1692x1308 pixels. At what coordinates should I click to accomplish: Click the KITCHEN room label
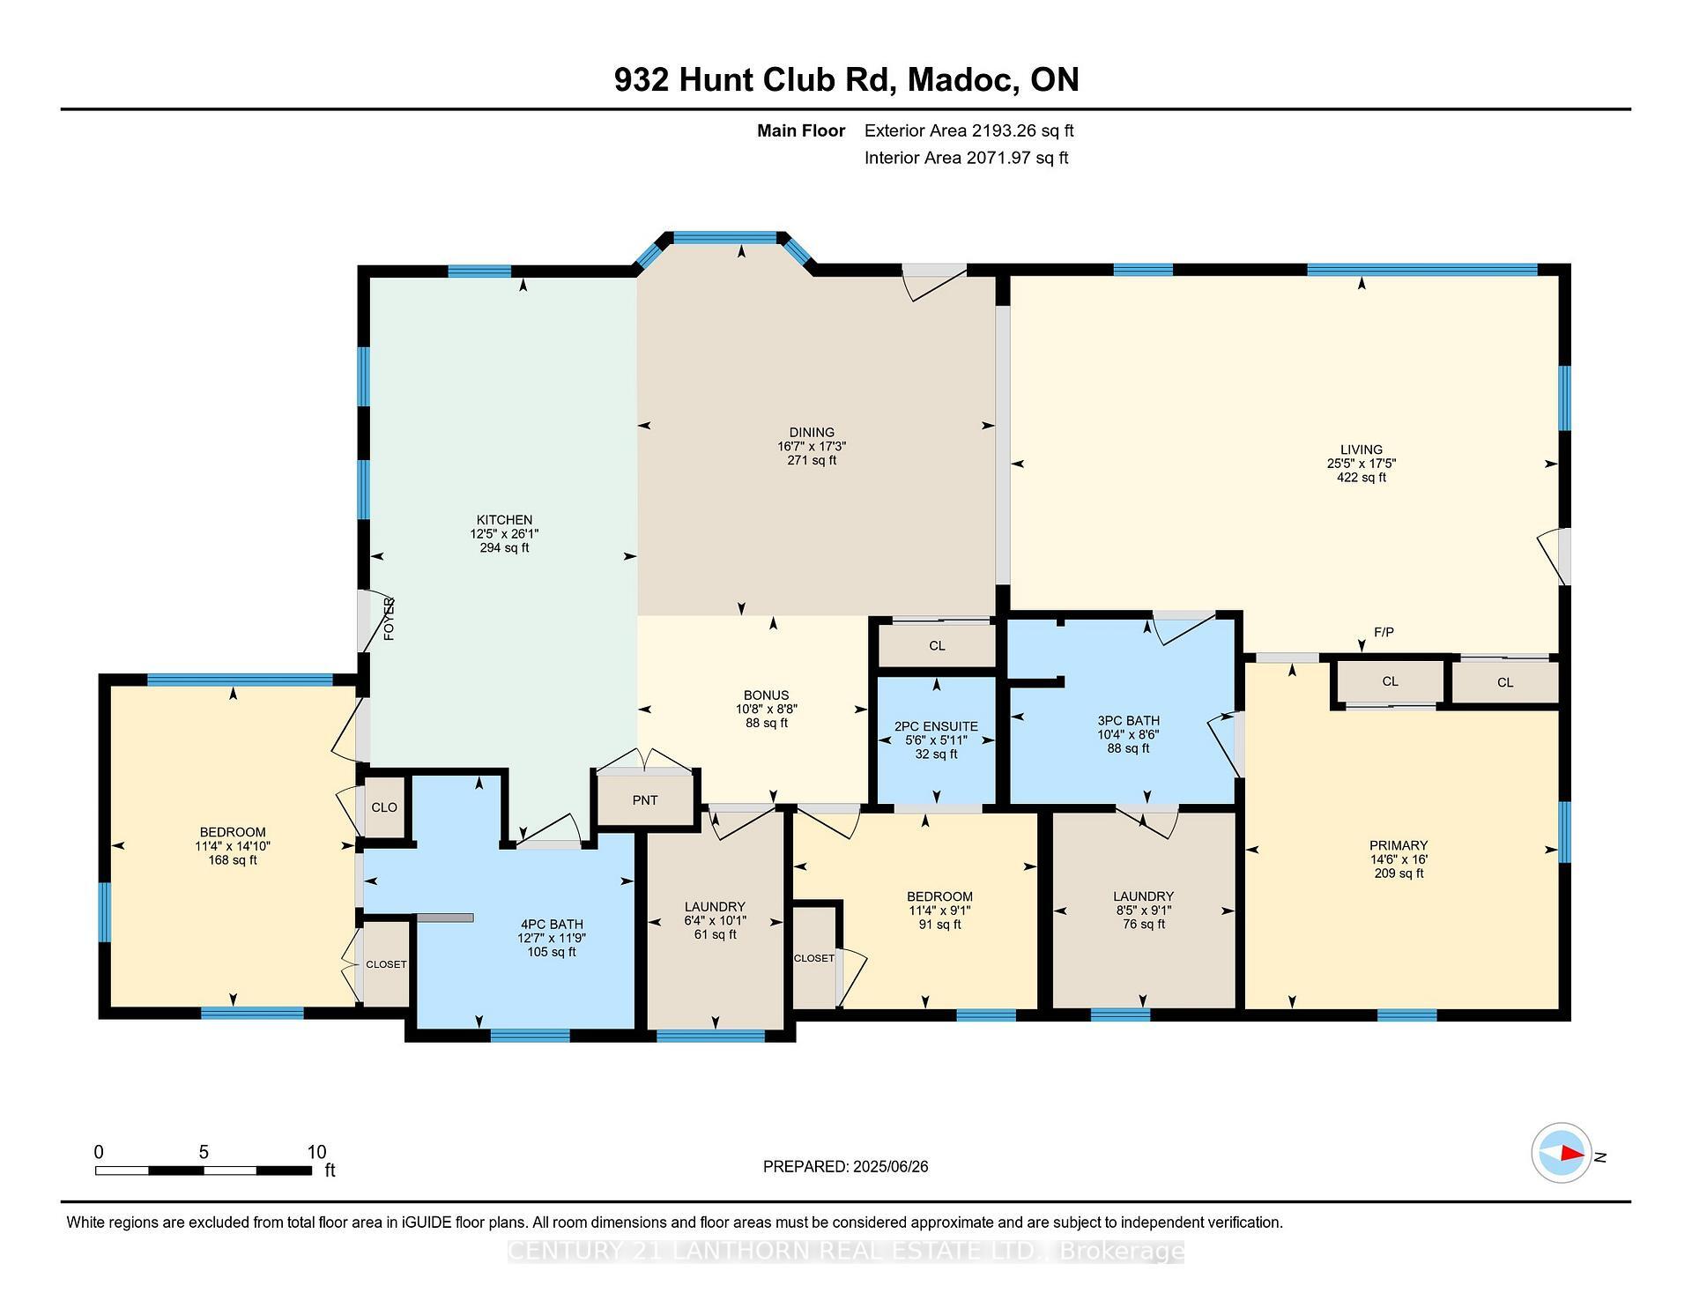504,520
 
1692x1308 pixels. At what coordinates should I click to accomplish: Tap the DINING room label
811,432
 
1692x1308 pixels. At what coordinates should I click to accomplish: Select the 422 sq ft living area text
1361,478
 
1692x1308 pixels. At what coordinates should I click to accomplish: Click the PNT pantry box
645,800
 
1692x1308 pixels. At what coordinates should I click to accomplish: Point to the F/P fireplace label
1384,632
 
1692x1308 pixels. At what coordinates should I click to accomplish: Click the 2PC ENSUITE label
936,726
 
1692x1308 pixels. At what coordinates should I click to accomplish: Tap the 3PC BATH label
1128,720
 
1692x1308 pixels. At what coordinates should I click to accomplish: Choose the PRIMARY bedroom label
1399,845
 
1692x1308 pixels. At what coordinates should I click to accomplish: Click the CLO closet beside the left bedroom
384,807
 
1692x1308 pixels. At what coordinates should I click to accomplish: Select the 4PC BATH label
552,925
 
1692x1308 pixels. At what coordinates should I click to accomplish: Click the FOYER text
389,619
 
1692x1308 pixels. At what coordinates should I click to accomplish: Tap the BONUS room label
766,695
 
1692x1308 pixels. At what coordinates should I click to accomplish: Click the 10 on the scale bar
316,1152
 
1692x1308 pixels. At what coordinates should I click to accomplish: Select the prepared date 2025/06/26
890,1166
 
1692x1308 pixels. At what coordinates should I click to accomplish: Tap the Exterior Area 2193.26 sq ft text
968,130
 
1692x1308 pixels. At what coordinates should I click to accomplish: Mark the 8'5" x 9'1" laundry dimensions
1143,910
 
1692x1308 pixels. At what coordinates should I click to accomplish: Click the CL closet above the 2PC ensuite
937,646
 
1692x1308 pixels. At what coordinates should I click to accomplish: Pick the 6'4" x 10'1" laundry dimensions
715,920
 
